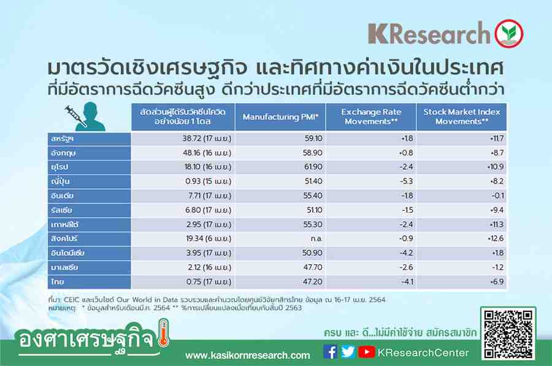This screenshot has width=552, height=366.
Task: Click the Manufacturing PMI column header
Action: coord(280,117)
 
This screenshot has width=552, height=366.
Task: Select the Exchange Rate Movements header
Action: coord(371,116)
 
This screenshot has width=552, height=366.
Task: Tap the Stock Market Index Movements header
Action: coord(461,116)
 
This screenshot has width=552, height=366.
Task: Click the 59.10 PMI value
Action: coord(313,139)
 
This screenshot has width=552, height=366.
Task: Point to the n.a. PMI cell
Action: coord(316,238)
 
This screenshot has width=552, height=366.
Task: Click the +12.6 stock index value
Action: coord(496,238)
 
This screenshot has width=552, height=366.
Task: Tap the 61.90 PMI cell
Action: coord(313,167)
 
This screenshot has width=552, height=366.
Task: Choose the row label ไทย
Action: coord(58,281)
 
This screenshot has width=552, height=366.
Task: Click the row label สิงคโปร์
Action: coord(64,238)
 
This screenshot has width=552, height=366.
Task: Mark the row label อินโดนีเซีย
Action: coord(67,253)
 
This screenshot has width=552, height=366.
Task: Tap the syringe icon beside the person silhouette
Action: coord(75,116)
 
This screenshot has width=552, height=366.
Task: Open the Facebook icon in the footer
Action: coord(330,351)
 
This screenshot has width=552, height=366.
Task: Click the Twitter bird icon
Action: coord(348,351)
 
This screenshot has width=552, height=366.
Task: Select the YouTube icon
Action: coord(367,351)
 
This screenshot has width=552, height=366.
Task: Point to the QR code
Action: coord(508,334)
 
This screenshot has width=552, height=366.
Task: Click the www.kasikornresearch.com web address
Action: coord(248,356)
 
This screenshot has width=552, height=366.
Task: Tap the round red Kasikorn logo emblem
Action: coord(508,34)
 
